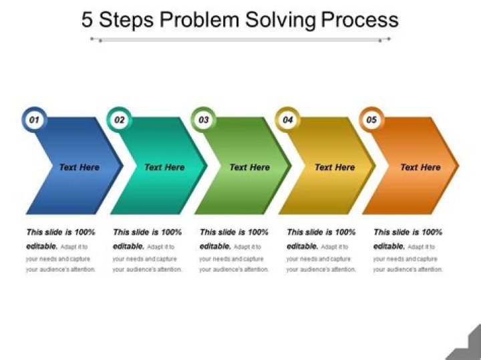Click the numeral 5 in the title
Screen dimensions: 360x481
tap(88, 19)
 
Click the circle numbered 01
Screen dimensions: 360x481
tap(34, 120)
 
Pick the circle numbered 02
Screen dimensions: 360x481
tap(119, 120)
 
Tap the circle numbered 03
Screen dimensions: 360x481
tap(204, 120)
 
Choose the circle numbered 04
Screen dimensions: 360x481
tap(288, 120)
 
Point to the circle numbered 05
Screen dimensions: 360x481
tap(372, 120)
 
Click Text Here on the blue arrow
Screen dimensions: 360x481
tap(79, 167)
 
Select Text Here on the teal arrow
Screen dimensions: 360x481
tap(164, 167)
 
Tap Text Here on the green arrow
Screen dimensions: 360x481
tap(249, 167)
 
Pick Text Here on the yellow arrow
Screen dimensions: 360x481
tap(335, 167)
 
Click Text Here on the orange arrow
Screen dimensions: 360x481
tap(420, 167)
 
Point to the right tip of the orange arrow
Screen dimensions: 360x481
tap(458, 165)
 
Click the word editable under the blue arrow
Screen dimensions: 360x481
tap(41, 246)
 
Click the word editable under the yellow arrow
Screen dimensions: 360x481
tap(302, 246)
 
